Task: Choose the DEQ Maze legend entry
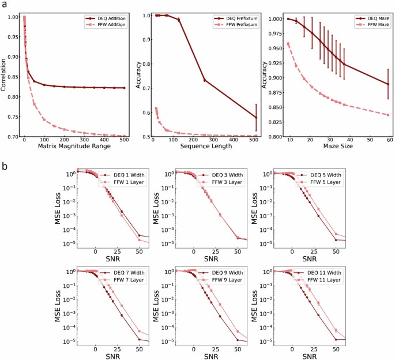(x=371, y=18)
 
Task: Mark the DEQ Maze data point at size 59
(x=388, y=84)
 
